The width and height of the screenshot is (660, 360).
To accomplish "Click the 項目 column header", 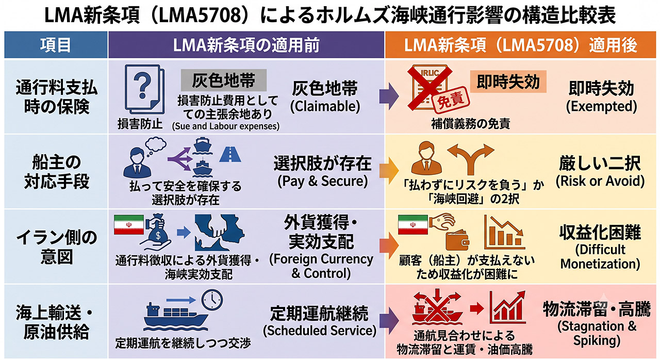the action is (x=56, y=45).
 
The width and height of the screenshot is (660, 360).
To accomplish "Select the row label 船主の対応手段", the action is (x=56, y=172).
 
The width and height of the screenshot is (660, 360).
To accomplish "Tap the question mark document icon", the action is (x=144, y=89).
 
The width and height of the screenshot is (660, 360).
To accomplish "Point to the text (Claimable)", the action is (x=325, y=107).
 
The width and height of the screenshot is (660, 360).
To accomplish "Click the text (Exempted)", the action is (x=601, y=107).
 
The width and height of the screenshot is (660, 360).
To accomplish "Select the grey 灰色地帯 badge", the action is (x=224, y=80).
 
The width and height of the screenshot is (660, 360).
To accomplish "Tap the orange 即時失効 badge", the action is (x=508, y=81).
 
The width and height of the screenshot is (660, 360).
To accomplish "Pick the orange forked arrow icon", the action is (x=471, y=158).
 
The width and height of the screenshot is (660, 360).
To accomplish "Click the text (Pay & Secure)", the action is (x=323, y=181).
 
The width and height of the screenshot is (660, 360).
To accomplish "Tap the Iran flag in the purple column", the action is (x=129, y=225).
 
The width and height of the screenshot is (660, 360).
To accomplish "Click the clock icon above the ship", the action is (x=212, y=300).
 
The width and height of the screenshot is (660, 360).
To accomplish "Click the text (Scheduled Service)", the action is (x=320, y=331).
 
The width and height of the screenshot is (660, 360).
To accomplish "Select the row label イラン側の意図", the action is (x=56, y=247).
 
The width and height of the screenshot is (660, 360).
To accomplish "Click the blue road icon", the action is (x=230, y=154).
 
